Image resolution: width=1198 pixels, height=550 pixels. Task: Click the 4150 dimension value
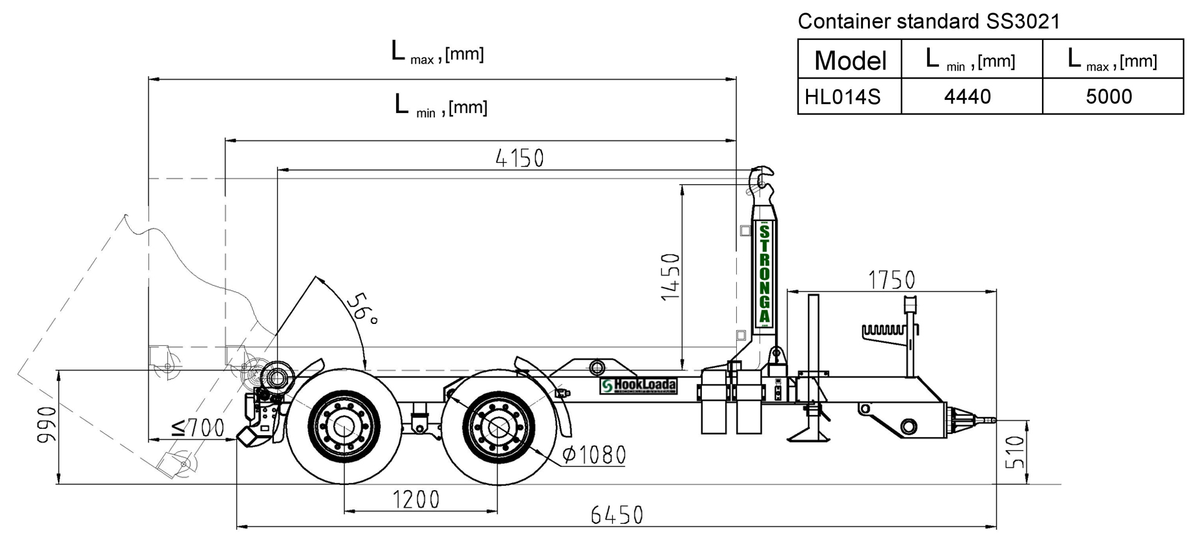(x=520, y=159)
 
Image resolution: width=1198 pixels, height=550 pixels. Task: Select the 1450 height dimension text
(x=671, y=277)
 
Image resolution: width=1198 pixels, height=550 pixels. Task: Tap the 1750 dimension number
(x=892, y=280)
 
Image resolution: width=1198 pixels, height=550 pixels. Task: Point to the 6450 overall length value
(x=617, y=516)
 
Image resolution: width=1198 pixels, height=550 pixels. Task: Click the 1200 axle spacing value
(x=416, y=500)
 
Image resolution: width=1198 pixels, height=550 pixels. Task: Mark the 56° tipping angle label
(x=362, y=308)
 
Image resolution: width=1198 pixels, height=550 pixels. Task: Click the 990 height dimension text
(x=47, y=425)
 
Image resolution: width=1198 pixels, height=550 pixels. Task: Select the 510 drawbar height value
(x=1015, y=452)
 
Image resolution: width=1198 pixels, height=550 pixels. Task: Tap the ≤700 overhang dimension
(x=198, y=428)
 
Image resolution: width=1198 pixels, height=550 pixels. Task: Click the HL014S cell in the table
(x=842, y=97)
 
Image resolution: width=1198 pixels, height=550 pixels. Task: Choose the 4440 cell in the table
(x=968, y=97)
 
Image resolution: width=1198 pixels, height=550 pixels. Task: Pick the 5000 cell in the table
(x=1109, y=97)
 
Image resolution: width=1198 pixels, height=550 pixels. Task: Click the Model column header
(x=850, y=61)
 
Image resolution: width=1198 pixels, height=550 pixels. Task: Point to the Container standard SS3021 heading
(x=929, y=21)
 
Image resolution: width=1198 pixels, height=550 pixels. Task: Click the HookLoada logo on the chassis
(x=638, y=386)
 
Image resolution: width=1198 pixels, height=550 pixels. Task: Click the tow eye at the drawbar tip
(x=985, y=420)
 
